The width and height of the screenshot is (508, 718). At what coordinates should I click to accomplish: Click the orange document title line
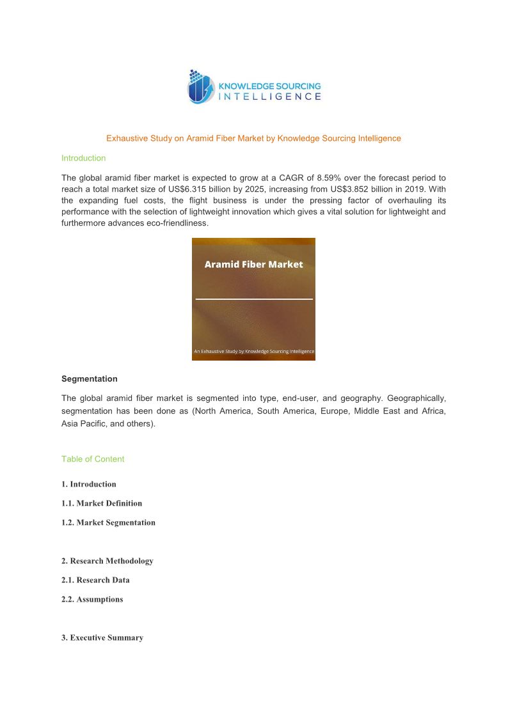[253, 138]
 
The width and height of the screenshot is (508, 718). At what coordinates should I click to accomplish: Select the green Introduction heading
[83, 158]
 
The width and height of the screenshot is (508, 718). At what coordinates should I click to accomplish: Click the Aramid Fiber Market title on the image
[253, 264]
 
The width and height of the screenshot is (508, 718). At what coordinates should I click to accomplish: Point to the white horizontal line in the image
[253, 299]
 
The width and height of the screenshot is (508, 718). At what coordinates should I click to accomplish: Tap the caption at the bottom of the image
[253, 351]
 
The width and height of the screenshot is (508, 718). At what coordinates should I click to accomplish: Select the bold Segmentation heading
[89, 379]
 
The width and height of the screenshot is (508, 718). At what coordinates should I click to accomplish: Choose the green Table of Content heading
[93, 459]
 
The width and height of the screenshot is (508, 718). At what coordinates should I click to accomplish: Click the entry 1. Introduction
[89, 484]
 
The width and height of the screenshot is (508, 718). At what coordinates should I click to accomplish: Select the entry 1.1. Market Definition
[102, 503]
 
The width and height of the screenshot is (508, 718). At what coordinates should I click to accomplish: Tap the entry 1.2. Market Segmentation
[108, 522]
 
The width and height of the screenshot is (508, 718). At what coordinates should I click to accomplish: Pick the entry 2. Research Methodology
[107, 561]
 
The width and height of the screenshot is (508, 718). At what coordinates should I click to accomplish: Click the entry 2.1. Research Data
[95, 580]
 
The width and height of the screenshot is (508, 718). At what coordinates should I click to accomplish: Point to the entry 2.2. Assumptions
[92, 599]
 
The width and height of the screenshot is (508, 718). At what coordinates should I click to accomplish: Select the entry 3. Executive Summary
[102, 637]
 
